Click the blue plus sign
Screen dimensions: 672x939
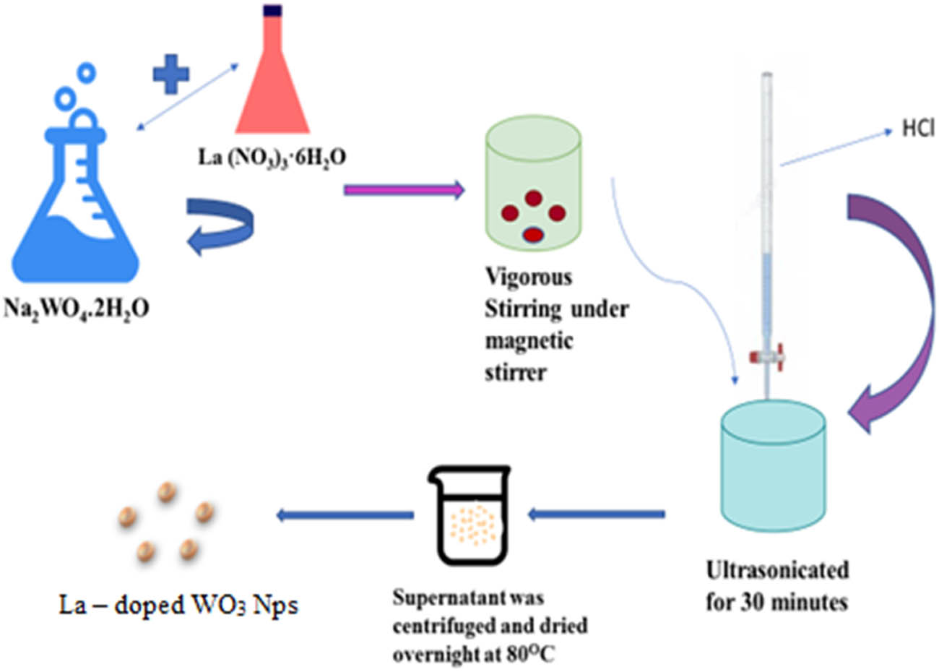171,74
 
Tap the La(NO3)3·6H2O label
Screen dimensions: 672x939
272,156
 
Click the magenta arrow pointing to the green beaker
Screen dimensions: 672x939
403,191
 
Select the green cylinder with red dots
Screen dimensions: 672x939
534,184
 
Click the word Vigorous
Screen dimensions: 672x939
529,277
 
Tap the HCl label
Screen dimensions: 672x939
918,129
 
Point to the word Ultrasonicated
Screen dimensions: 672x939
777,570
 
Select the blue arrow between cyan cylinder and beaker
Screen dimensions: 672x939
597,514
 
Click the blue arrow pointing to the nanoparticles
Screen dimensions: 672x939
345,514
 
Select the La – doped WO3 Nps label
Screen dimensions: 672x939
178,604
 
